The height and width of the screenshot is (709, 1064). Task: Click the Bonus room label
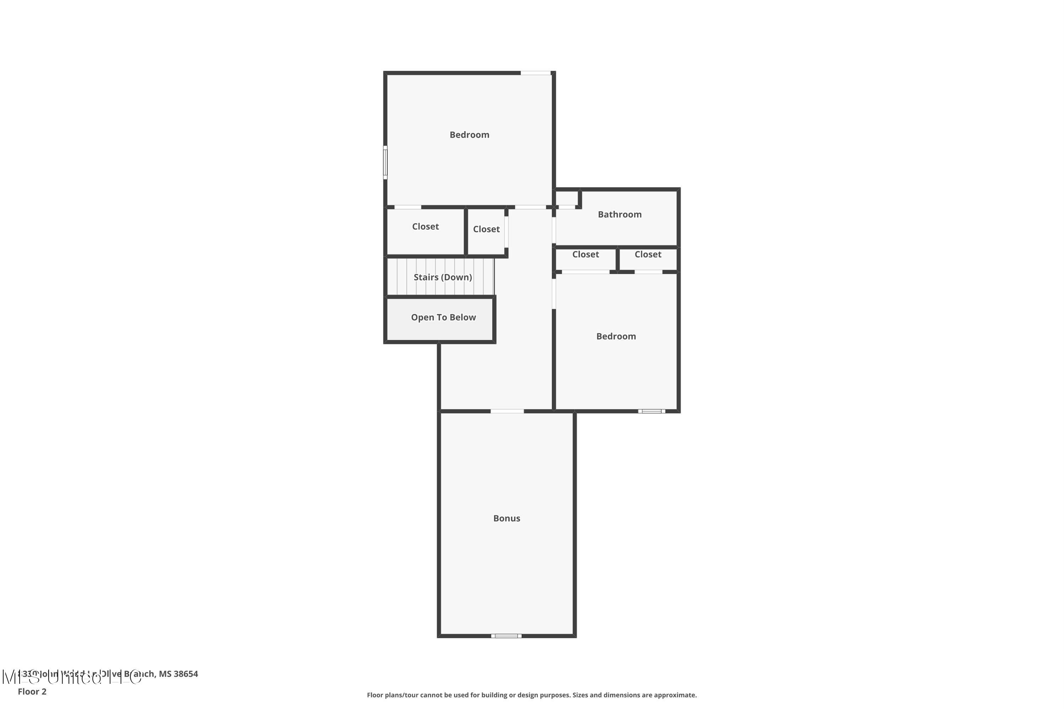pos(506,518)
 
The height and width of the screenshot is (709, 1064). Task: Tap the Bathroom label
pos(619,214)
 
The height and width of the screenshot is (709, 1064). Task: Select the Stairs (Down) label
pos(442,277)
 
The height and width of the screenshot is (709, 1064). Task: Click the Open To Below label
pos(443,317)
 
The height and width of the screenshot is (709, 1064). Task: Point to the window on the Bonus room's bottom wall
pos(506,636)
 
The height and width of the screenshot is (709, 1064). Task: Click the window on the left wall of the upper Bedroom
pos(385,162)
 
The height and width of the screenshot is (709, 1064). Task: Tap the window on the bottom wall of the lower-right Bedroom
pos(652,411)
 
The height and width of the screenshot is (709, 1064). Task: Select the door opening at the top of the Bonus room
pos(507,411)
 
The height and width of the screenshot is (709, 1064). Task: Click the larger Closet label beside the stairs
pos(425,227)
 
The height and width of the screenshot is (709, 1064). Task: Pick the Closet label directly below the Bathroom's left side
pos(585,255)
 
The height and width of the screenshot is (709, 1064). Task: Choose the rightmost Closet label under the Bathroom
pos(648,255)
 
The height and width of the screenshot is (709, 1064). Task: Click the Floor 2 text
pos(32,691)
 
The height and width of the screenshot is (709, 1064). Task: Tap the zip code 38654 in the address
pos(185,674)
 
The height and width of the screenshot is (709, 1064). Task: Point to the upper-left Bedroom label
pos(469,135)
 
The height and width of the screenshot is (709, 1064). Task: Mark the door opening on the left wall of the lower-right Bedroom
pos(554,294)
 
